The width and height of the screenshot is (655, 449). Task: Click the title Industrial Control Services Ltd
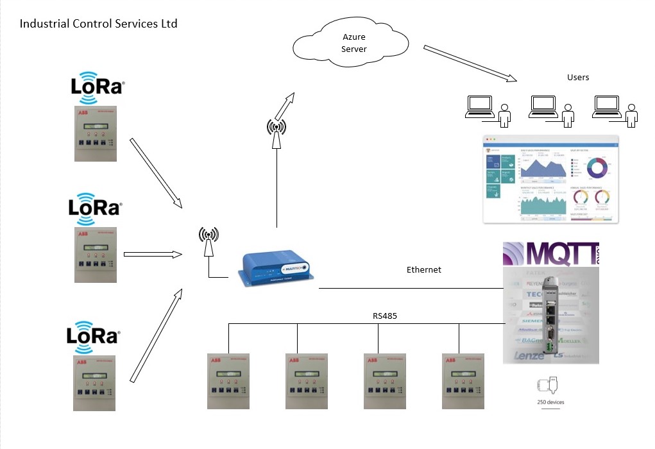(98, 24)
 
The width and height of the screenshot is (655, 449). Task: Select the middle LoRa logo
(94, 208)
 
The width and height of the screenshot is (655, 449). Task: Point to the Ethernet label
(423, 270)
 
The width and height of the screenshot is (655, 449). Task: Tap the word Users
(577, 78)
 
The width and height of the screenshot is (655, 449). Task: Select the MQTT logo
(549, 255)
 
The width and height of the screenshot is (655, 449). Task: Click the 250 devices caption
(550, 403)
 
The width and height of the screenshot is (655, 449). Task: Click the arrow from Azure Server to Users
(470, 64)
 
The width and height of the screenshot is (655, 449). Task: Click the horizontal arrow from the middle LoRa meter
(153, 254)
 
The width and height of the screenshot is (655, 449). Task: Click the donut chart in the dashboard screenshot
(598, 167)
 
